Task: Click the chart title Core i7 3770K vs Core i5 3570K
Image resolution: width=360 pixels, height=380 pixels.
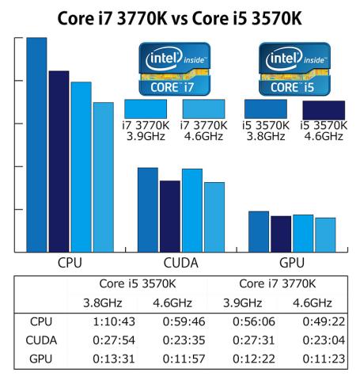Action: coord(180,17)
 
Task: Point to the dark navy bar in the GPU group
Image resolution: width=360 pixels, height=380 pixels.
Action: coord(281,234)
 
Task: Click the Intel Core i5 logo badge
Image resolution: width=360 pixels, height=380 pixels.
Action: coord(294,70)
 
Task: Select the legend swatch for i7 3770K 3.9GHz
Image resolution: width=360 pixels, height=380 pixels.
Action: coord(146,108)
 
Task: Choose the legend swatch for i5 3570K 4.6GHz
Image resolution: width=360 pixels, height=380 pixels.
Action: coord(324,109)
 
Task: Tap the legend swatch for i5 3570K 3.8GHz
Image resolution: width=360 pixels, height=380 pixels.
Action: coord(266,108)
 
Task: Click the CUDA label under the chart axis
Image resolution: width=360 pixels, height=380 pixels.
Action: coord(180,263)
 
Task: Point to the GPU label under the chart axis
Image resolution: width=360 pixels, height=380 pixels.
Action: coord(292,263)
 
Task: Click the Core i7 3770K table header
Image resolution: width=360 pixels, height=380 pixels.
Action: coord(276,283)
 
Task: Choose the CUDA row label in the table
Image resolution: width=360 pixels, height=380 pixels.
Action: coord(40,341)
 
